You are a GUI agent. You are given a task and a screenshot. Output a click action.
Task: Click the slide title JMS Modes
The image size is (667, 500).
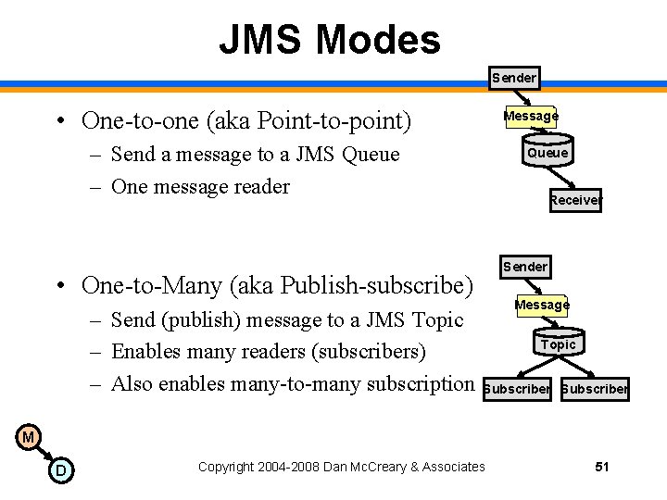329,40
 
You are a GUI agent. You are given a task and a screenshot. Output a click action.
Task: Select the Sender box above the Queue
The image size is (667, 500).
513,78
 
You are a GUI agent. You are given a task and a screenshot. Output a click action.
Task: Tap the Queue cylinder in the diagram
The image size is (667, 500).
547,153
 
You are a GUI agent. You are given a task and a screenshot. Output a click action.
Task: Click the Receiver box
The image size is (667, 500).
574,200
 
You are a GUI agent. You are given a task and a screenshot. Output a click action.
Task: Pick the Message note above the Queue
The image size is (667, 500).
531,116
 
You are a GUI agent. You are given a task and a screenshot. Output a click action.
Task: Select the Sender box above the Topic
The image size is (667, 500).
524,267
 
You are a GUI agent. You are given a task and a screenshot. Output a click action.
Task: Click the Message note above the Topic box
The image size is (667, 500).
542,305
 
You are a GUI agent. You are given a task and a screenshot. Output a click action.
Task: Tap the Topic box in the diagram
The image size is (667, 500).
558,344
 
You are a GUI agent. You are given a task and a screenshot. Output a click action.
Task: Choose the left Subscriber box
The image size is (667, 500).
518,389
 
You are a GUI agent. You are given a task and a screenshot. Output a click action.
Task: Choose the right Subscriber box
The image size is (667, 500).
595,389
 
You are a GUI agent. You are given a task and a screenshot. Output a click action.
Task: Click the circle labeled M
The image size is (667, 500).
28,437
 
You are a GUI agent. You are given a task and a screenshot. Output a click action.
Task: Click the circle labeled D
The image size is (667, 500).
60,471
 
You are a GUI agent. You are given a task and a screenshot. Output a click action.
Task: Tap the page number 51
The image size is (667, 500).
602,467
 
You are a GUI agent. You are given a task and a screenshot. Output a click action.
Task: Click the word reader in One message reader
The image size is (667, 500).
258,186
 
